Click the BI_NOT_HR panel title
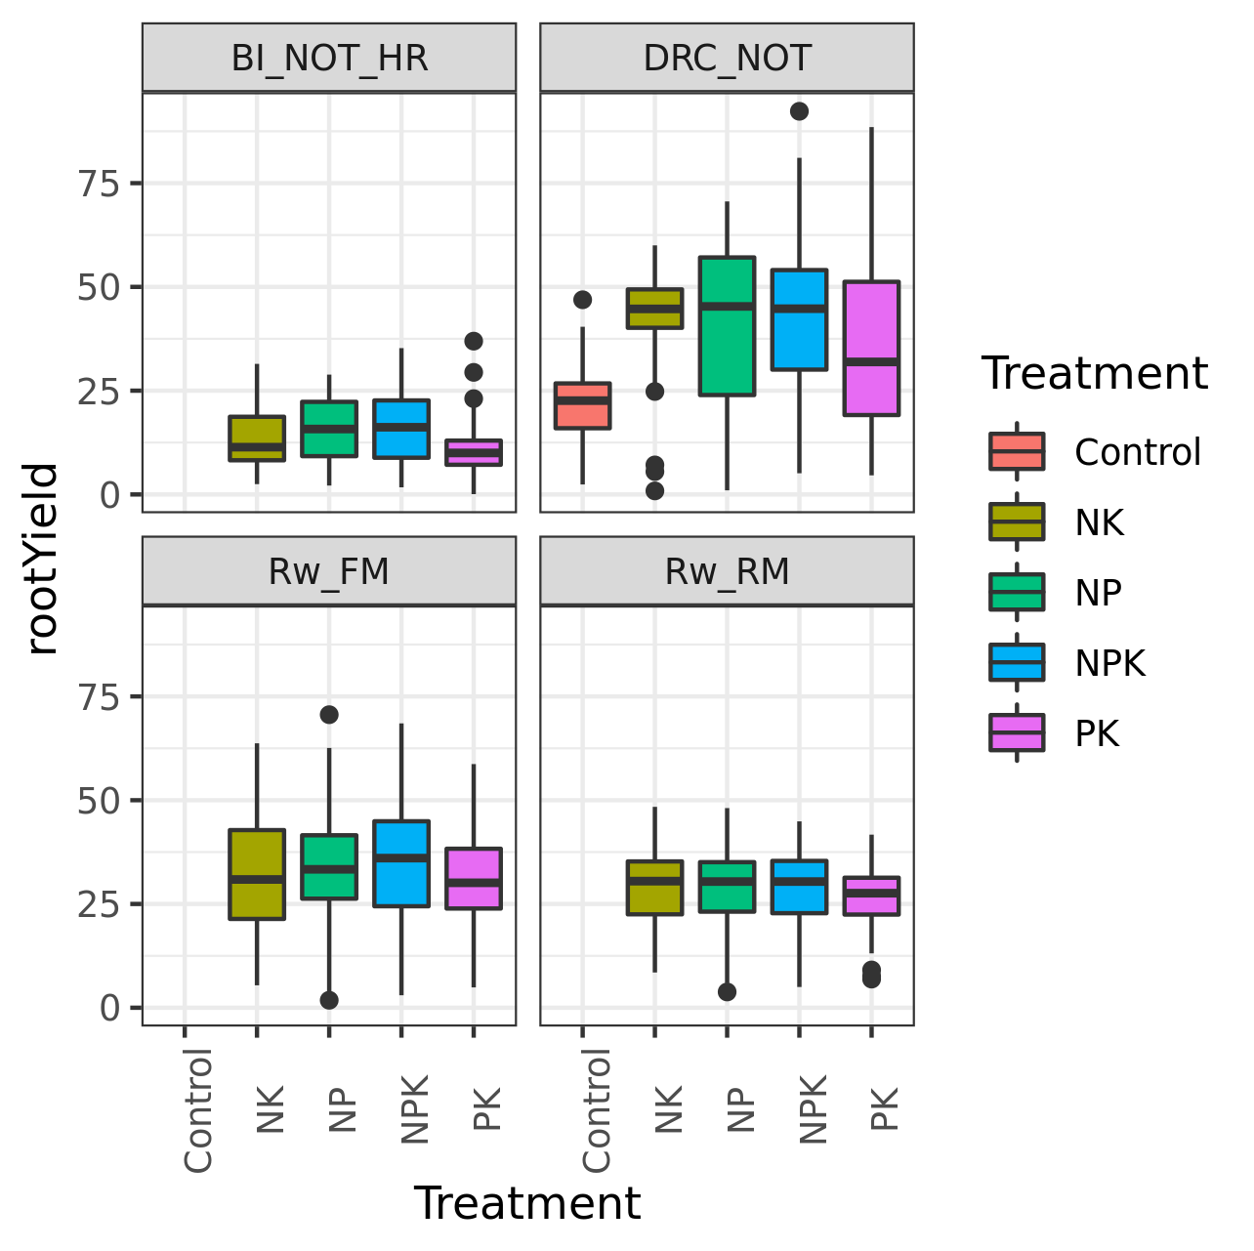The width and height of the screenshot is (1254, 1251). pos(329,59)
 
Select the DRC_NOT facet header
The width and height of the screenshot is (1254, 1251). pos(727,59)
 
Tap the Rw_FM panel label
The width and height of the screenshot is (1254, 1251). pos(329,571)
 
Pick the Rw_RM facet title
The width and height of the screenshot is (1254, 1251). pos(727,571)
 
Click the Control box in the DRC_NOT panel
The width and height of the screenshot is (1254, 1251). pos(582,405)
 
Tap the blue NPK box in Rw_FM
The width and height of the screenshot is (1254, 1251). pos(401,863)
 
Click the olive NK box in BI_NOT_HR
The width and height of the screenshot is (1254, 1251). pos(257,438)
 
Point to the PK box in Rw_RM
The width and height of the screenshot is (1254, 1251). pos(871,896)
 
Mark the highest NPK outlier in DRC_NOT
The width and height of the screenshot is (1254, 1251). pos(799,111)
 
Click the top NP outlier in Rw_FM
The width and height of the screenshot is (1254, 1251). pos(329,715)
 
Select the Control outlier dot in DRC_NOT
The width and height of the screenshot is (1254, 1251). pos(582,300)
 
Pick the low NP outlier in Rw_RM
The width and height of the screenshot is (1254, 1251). pos(727,992)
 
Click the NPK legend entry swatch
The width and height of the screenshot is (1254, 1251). pos(1017,662)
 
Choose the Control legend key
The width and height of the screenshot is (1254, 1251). pos(1017,451)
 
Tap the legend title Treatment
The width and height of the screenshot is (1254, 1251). pos(1094,374)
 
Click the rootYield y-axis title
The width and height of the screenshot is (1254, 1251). pos(43,559)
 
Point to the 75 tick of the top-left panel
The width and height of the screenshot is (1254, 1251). pos(98,184)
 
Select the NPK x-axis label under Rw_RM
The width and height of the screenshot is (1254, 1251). pos(813,1108)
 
